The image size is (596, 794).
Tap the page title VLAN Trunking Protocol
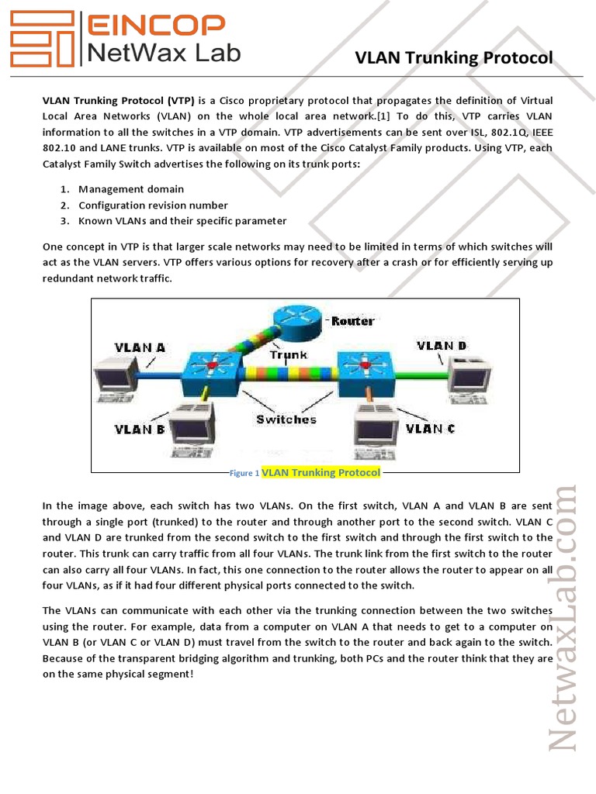pyautogui.click(x=453, y=58)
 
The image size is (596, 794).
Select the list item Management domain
pyautogui.click(x=131, y=189)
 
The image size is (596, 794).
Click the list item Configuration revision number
pyautogui.click(x=153, y=205)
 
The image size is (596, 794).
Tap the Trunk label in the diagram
pyautogui.click(x=288, y=354)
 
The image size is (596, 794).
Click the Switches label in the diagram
pyautogui.click(x=286, y=419)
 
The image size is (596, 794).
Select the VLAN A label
pyautogui.click(x=140, y=347)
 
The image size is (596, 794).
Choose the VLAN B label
pyautogui.click(x=140, y=428)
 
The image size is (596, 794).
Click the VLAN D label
pyautogui.click(x=442, y=345)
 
